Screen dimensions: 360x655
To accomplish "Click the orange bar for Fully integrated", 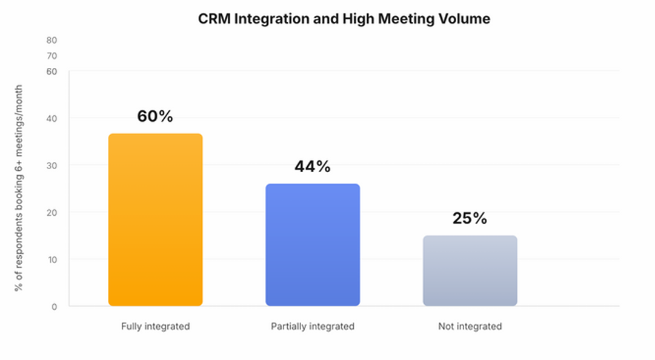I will pyautogui.click(x=155, y=219).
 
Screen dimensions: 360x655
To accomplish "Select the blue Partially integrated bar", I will pyautogui.click(x=313, y=245).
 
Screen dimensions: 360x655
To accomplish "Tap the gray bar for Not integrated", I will pyautogui.click(x=470, y=270).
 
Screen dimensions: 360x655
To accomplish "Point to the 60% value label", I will pyautogui.click(x=155, y=116).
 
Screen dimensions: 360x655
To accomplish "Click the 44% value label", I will pyautogui.click(x=313, y=167).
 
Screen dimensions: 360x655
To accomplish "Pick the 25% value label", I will pyautogui.click(x=470, y=218).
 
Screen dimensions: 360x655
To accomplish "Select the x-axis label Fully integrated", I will pyautogui.click(x=155, y=327).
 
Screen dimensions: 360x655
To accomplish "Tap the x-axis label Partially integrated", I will pyautogui.click(x=313, y=327).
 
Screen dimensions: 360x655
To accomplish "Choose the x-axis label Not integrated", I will pyautogui.click(x=470, y=327).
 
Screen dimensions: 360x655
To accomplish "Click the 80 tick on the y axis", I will pyautogui.click(x=52, y=41).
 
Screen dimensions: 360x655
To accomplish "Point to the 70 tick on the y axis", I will pyautogui.click(x=52, y=56).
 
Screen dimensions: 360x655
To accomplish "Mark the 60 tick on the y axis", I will pyautogui.click(x=52, y=72).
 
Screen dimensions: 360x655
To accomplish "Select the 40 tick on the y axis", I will pyautogui.click(x=52, y=118).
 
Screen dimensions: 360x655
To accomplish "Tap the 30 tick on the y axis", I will pyautogui.click(x=52, y=165).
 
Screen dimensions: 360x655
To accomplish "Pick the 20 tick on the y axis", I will pyautogui.click(x=52, y=213).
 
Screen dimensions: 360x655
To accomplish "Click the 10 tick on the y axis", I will pyautogui.click(x=52, y=259).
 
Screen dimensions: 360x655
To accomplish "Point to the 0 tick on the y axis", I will pyautogui.click(x=54, y=307).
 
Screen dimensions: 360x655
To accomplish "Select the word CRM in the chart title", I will pyautogui.click(x=214, y=19).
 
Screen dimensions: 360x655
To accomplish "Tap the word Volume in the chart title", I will pyautogui.click(x=467, y=19).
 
